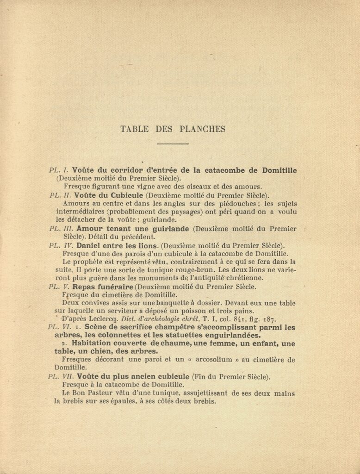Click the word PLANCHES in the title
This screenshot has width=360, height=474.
coord(202,129)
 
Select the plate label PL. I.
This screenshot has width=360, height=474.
coord(59,170)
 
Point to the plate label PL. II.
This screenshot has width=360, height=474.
coord(60,195)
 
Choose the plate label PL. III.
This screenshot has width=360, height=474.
coord(61,229)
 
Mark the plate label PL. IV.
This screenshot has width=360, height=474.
coord(61,245)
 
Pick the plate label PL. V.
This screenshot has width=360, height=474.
coord(59,287)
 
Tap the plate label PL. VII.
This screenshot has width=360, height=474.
coord(61,377)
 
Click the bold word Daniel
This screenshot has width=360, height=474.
coord(89,245)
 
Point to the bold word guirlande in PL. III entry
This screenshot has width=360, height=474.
coord(170,229)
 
